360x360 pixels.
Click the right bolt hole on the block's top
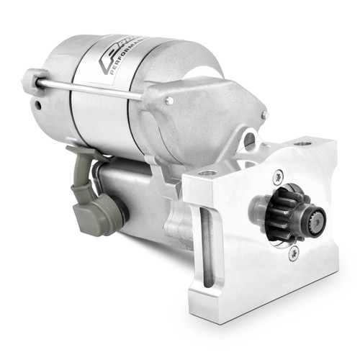point(303,143)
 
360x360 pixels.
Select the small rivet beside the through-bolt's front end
point(169,101)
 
